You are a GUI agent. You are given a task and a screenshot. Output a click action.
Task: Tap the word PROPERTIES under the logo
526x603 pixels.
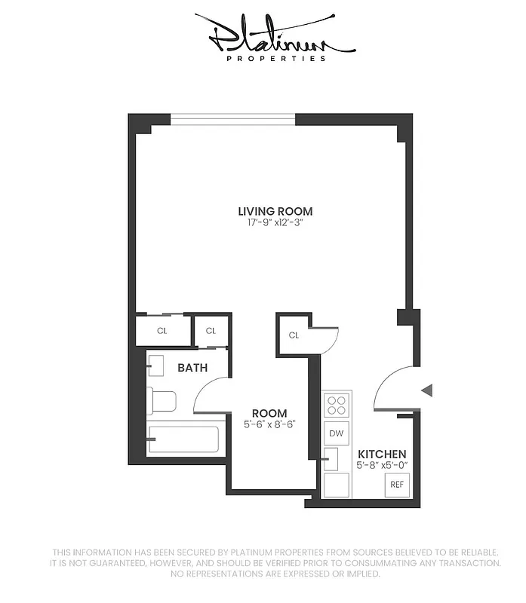click(276, 58)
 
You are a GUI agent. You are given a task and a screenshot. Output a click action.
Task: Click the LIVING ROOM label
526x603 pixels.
click(275, 212)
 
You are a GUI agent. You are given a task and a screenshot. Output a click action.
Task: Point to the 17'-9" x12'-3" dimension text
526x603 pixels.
click(275, 223)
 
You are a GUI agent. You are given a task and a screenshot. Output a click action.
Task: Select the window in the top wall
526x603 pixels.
click(232, 119)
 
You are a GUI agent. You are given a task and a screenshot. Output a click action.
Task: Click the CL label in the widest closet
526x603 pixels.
click(161, 331)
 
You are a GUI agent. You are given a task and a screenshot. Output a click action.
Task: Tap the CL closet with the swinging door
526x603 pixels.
click(294, 335)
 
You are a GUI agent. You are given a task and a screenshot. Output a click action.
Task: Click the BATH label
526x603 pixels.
click(192, 369)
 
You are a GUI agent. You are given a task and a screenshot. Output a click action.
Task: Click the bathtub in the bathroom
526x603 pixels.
click(183, 439)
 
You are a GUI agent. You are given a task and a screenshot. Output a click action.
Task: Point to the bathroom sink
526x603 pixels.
click(155, 365)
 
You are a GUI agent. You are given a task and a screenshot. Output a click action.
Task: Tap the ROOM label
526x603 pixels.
click(269, 413)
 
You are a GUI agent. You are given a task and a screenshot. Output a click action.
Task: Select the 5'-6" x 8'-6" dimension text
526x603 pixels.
click(269, 424)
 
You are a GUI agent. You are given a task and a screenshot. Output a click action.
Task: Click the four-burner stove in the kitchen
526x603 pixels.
click(337, 406)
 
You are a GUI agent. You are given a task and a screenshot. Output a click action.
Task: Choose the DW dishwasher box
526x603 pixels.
click(337, 433)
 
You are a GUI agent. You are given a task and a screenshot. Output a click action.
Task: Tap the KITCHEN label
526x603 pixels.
click(382, 454)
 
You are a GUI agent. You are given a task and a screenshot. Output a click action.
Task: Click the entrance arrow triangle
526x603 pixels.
click(426, 390)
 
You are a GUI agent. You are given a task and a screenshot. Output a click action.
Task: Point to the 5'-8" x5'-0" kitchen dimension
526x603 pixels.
click(382, 465)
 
